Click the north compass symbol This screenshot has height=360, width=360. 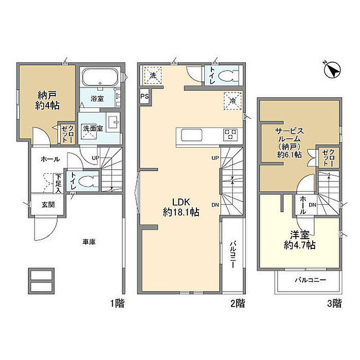[332, 69]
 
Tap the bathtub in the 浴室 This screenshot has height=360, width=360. [100, 77]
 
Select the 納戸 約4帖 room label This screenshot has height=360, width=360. [47, 100]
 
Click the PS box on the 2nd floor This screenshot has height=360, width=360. [145, 96]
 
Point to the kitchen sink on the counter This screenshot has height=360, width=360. [192, 135]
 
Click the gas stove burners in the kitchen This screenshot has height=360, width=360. [230, 135]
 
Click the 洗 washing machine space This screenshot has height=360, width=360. [153, 76]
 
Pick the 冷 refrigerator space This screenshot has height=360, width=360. [233, 101]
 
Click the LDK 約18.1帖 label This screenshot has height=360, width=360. [181, 207]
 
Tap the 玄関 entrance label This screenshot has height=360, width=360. [48, 205]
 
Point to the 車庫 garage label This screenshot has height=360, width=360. [89, 242]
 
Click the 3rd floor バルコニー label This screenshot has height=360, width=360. [311, 280]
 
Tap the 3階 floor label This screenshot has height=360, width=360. [334, 303]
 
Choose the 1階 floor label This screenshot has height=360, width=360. [117, 303]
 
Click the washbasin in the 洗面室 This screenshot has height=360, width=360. [113, 122]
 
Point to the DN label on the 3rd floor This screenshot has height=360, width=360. [313, 205]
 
